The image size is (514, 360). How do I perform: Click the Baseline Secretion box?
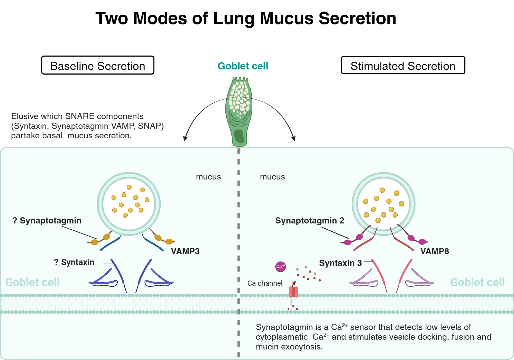pyautogui.click(x=98, y=65)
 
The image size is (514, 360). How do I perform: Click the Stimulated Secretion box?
pyautogui.click(x=403, y=65)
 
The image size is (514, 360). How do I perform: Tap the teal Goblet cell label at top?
pyautogui.click(x=243, y=66)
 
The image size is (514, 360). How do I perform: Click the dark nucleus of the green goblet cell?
pyautogui.click(x=239, y=136)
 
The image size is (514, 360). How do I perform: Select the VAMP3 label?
pyautogui.click(x=185, y=251)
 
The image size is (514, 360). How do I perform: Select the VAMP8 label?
pyautogui.click(x=434, y=251)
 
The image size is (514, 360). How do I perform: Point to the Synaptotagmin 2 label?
pyautogui.click(x=309, y=220)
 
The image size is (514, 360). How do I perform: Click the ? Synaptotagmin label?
pyautogui.click(x=47, y=220)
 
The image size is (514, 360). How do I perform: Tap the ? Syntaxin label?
pyautogui.click(x=74, y=262)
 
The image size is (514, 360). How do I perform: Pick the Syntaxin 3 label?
pyautogui.click(x=340, y=263)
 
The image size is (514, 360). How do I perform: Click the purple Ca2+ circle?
pyautogui.click(x=280, y=266)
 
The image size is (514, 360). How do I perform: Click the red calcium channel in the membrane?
pyautogui.click(x=293, y=292)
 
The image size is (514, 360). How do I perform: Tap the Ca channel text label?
pyautogui.click(x=265, y=283)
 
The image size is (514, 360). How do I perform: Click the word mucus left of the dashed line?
pyautogui.click(x=208, y=177)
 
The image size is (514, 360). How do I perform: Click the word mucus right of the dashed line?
pyautogui.click(x=272, y=177)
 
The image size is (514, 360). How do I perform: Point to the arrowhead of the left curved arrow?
pyautogui.click(x=185, y=139)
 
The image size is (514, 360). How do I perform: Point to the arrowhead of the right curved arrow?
pyautogui.click(x=294, y=139)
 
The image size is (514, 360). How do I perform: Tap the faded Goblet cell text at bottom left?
pyautogui.click(x=33, y=282)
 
